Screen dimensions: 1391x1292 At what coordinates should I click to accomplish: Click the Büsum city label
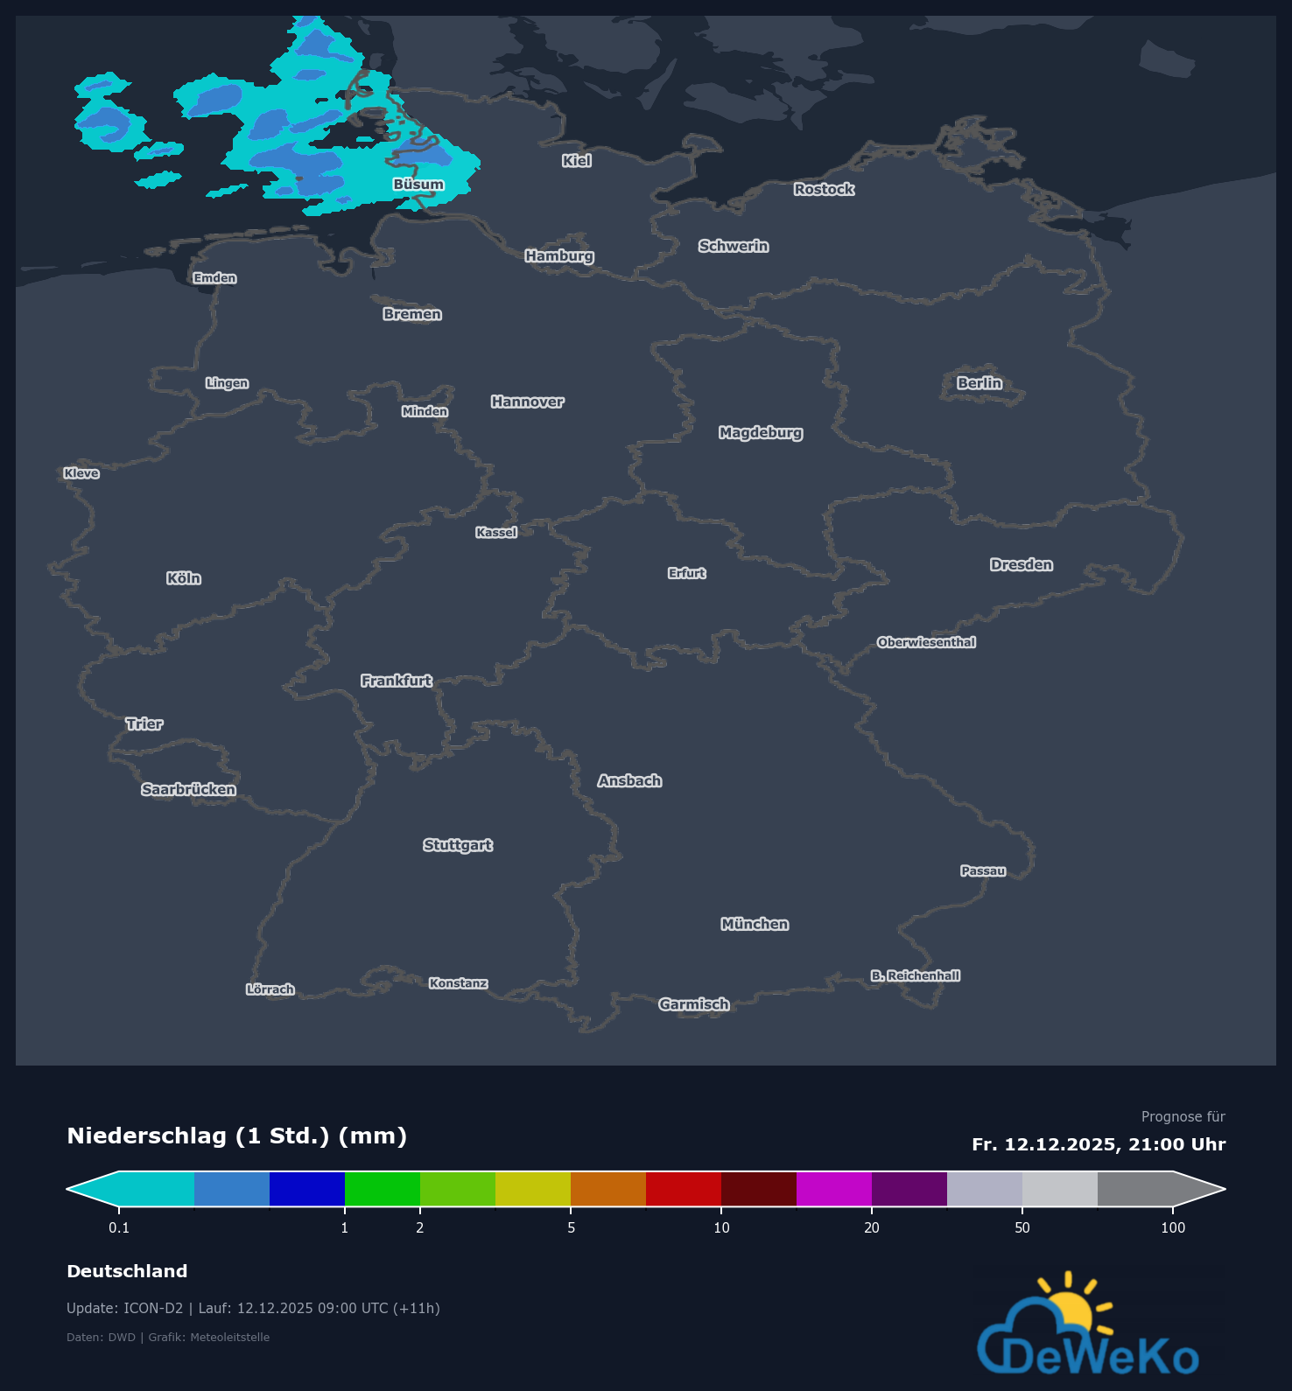click(x=418, y=185)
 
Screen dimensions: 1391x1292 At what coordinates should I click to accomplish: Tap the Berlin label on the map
click(x=980, y=383)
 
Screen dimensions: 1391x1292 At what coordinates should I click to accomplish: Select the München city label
click(x=755, y=924)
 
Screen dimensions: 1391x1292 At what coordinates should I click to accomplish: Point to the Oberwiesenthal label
click(x=926, y=642)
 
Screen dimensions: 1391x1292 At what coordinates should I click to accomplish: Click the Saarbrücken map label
click(x=189, y=789)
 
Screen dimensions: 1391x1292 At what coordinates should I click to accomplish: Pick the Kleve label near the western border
click(x=81, y=473)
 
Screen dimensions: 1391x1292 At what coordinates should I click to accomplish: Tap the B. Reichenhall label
click(x=916, y=975)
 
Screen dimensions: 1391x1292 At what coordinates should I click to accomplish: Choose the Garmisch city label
click(x=694, y=1004)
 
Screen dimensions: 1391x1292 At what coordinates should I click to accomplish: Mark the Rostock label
click(x=824, y=189)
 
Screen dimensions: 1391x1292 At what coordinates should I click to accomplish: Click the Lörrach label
click(x=270, y=989)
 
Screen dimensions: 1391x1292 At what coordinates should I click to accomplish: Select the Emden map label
click(x=215, y=278)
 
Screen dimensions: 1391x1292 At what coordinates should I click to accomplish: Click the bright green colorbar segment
click(x=383, y=1189)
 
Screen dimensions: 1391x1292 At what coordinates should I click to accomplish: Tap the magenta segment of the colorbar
click(x=834, y=1189)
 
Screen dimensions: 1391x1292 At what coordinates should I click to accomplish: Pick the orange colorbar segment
click(x=608, y=1189)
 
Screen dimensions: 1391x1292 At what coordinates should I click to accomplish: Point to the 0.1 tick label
click(x=119, y=1227)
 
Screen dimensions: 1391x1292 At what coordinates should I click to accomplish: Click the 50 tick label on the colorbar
click(x=1022, y=1227)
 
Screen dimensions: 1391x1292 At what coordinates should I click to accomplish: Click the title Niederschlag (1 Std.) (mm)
click(x=237, y=1136)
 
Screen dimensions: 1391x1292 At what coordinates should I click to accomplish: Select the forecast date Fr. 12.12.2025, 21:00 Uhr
click(x=1099, y=1144)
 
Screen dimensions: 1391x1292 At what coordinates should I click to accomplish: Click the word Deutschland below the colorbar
click(x=127, y=1271)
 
